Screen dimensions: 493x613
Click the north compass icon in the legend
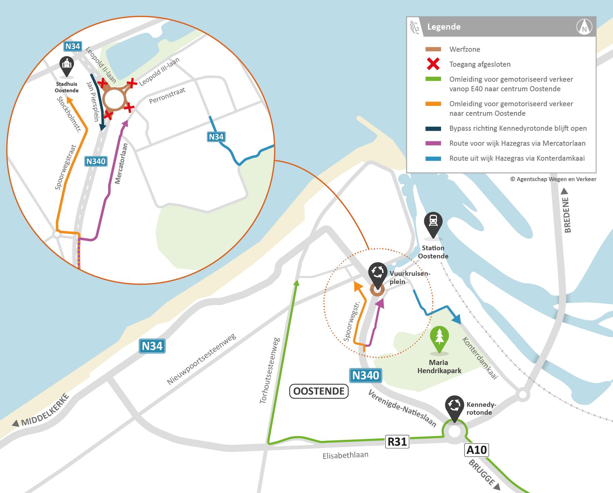[x=584, y=27]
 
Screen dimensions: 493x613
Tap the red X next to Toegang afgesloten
[x=433, y=64]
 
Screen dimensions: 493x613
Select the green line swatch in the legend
[x=433, y=79]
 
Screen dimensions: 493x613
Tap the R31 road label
[x=397, y=442]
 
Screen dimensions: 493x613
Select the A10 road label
[x=476, y=450]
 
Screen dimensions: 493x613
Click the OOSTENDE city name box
[x=319, y=391]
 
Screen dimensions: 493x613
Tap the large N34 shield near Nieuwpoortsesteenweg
[x=152, y=346]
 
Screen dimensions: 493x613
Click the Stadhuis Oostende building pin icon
[x=67, y=65]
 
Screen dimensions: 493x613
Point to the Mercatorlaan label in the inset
[x=121, y=163]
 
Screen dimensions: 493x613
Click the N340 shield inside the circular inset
[x=96, y=161]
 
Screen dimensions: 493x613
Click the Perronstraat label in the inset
[x=167, y=96]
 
